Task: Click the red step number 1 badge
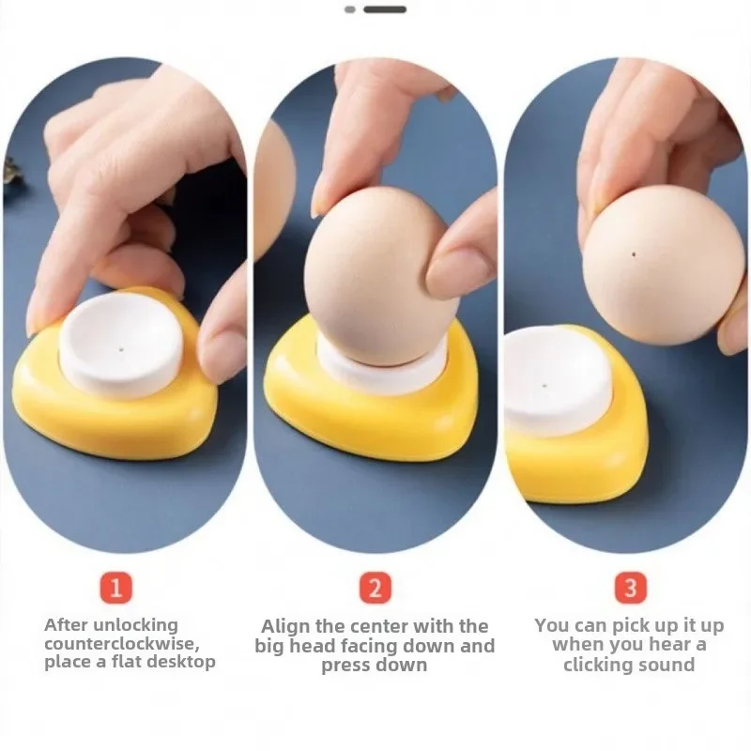(x=116, y=589)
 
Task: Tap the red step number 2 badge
(x=375, y=589)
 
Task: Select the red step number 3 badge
(x=630, y=589)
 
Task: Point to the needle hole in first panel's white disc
(x=121, y=348)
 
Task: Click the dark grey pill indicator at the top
(x=385, y=9)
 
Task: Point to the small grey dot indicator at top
(x=350, y=9)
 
